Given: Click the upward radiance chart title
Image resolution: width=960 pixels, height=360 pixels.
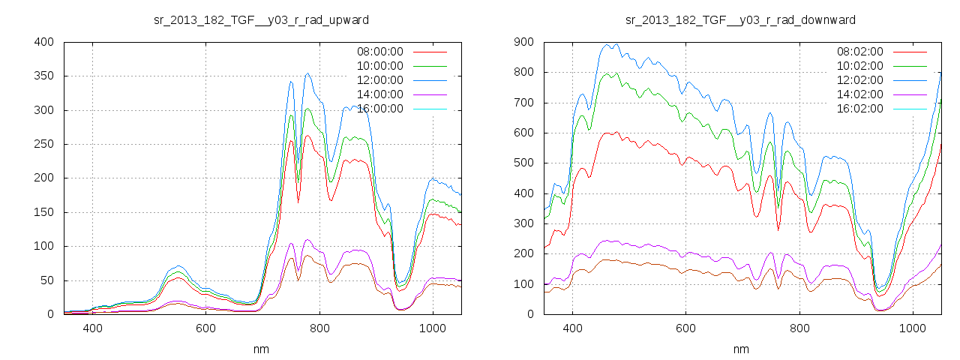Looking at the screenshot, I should (x=261, y=19).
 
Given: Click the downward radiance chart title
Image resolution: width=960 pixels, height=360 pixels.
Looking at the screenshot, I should (x=741, y=19).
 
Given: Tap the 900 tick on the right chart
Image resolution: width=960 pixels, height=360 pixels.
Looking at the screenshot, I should (x=523, y=42).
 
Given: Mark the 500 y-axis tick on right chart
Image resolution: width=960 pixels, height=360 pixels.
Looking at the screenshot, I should (x=523, y=163).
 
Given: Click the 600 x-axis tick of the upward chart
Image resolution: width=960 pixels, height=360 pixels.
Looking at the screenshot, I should (x=206, y=328).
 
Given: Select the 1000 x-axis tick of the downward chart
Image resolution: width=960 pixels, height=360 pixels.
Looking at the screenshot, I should (x=913, y=328).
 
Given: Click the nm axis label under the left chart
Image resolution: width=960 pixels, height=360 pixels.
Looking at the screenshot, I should (x=261, y=349).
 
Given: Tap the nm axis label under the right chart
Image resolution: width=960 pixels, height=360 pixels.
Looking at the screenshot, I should (x=741, y=349).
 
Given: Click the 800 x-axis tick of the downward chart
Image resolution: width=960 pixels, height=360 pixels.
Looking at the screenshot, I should (x=799, y=328).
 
